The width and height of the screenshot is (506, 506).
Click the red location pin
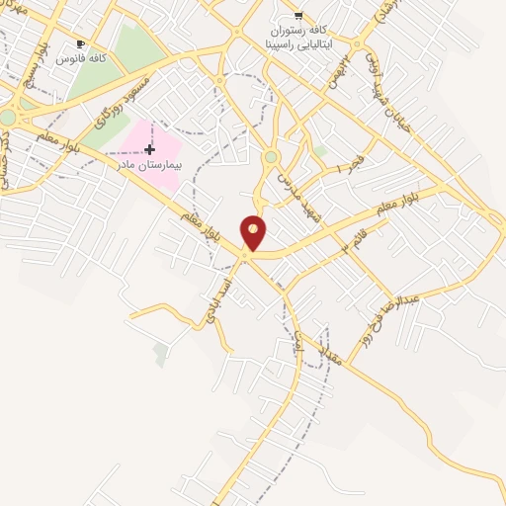254,232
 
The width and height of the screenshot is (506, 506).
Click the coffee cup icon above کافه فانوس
80,44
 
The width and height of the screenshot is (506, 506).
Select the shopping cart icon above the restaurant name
298,17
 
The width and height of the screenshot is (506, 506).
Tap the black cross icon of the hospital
149,150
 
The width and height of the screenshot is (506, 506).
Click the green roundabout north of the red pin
270,156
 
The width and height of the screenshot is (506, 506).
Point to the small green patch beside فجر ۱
320,151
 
